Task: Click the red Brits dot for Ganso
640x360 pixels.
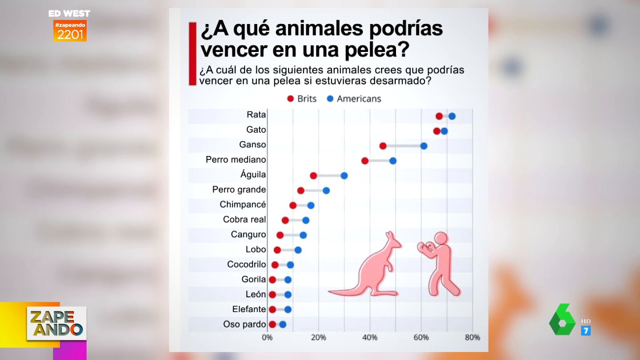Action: pyautogui.click(x=383, y=146)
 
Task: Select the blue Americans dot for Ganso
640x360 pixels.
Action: pyautogui.click(x=424, y=146)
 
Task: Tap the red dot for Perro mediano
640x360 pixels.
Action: pyautogui.click(x=365, y=160)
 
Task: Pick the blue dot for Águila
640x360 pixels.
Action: pyautogui.click(x=344, y=176)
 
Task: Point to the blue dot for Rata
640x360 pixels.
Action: pyautogui.click(x=452, y=116)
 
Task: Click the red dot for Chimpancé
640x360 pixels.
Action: pyautogui.click(x=293, y=205)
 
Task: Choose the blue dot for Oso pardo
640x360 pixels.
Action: pyautogui.click(x=283, y=324)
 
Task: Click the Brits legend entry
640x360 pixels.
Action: pyautogui.click(x=302, y=99)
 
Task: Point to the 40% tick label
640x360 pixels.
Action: pyautogui.click(x=370, y=338)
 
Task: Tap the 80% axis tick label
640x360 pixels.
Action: pyautogui.click(x=472, y=338)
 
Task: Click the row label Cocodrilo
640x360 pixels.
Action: pyautogui.click(x=247, y=264)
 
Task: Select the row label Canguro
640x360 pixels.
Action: pyautogui.click(x=248, y=235)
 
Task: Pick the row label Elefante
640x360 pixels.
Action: pyautogui.click(x=249, y=309)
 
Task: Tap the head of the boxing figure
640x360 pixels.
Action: pyautogui.click(x=441, y=239)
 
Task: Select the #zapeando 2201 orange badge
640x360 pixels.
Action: pyautogui.click(x=70, y=31)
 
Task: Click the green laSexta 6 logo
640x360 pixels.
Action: pyautogui.click(x=562, y=320)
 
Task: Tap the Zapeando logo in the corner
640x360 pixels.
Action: pyautogui.click(x=56, y=323)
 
